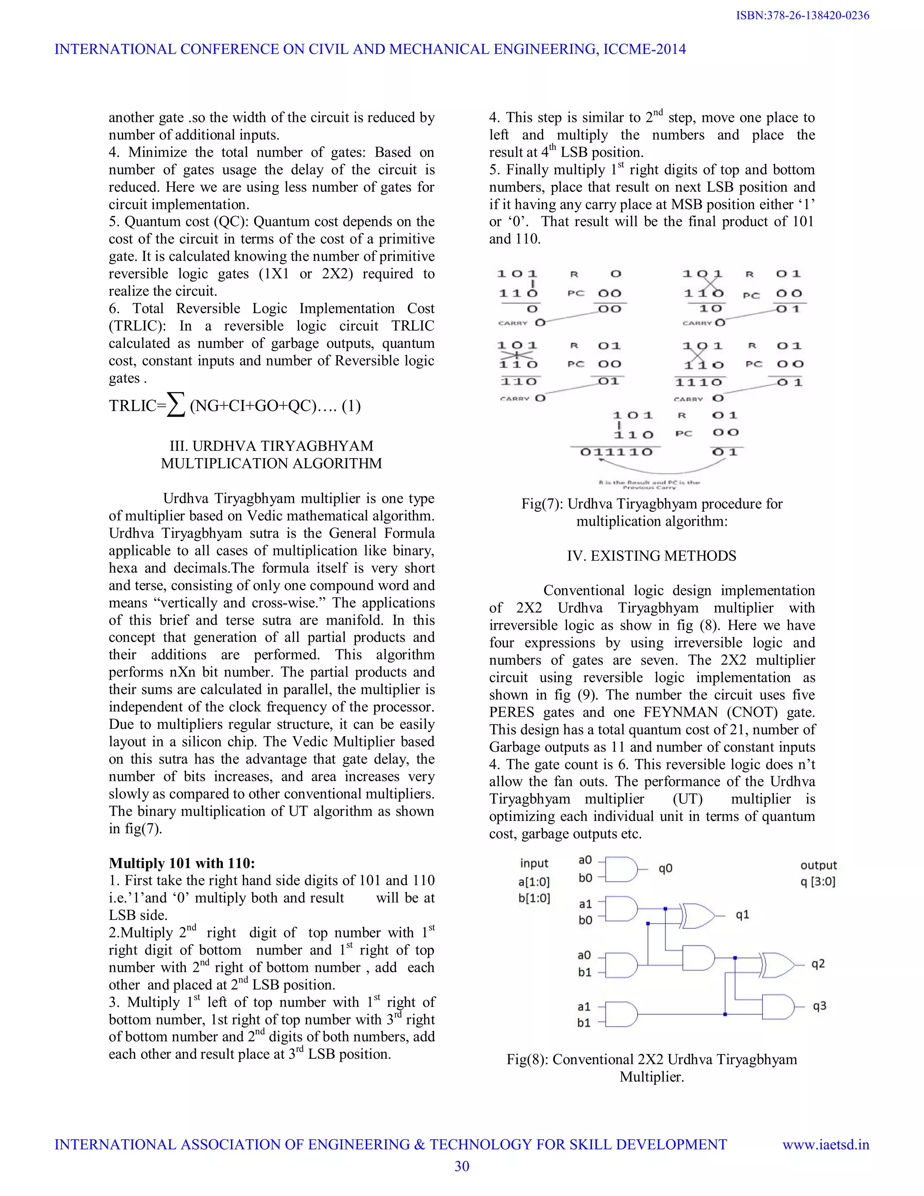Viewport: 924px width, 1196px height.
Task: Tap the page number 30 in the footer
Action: (x=462, y=1166)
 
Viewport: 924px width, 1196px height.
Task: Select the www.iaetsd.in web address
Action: (x=826, y=1145)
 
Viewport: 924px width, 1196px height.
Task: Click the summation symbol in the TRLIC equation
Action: (x=176, y=406)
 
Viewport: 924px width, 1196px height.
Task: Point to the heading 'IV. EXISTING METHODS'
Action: (x=651, y=556)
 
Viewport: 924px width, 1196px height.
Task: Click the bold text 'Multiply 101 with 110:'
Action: (x=182, y=863)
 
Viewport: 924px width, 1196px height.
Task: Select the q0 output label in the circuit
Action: (x=665, y=868)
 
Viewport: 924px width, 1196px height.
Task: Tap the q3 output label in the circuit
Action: (x=819, y=1006)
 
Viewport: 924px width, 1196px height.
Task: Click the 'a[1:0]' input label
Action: (x=534, y=882)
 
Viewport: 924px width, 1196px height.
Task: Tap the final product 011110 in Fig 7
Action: (x=616, y=452)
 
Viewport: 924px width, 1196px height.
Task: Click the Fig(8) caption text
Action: (x=651, y=1068)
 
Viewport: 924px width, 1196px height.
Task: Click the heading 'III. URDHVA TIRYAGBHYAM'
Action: (x=272, y=446)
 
